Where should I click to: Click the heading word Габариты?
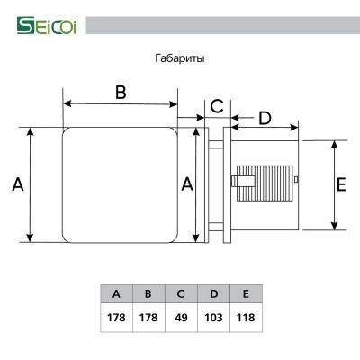(179, 59)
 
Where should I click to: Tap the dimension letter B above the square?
(120, 92)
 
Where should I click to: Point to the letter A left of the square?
(17, 184)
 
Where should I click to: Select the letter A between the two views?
(187, 184)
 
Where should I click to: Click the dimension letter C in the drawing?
(216, 106)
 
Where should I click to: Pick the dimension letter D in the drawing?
(265, 118)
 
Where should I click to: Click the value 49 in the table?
(180, 318)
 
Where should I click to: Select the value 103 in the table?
(212, 318)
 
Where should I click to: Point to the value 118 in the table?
(245, 318)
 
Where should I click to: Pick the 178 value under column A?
(116, 318)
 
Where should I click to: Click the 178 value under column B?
(148, 318)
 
